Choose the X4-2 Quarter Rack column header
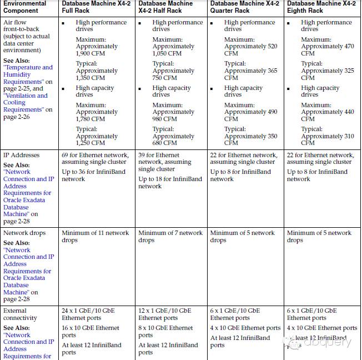(x=244, y=7)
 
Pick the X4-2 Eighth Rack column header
(x=321, y=7)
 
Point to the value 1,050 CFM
(x=167, y=53)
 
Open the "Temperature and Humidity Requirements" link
(x=28, y=74)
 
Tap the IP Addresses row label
(x=22, y=155)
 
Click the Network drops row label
(x=24, y=233)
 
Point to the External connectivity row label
(x=21, y=314)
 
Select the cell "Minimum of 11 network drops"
(x=95, y=237)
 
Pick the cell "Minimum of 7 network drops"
(x=170, y=237)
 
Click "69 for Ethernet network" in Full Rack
(x=95, y=156)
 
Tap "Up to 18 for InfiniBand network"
(x=170, y=183)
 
